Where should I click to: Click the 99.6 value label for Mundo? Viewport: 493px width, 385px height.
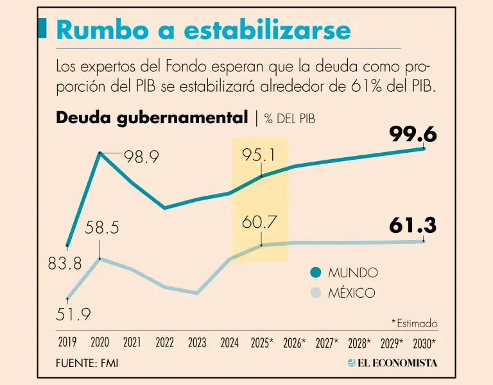(413, 134)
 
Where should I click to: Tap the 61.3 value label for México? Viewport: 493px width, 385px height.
(413, 225)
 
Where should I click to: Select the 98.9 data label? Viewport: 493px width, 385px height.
(141, 157)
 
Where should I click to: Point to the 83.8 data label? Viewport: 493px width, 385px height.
(65, 263)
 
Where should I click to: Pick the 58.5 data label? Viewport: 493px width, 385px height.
(102, 228)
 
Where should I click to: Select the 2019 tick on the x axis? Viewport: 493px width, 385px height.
(67, 343)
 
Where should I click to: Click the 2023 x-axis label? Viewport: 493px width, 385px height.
(197, 343)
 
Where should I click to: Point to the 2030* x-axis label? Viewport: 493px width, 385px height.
(424, 343)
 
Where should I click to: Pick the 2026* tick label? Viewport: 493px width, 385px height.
(295, 343)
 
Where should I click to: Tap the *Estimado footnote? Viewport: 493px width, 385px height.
(414, 323)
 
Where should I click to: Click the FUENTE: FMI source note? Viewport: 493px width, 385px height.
(87, 363)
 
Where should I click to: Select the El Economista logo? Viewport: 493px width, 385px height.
(392, 363)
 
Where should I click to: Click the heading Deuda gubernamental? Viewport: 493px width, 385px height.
(152, 117)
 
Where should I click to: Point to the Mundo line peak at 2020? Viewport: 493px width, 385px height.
(100, 153)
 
